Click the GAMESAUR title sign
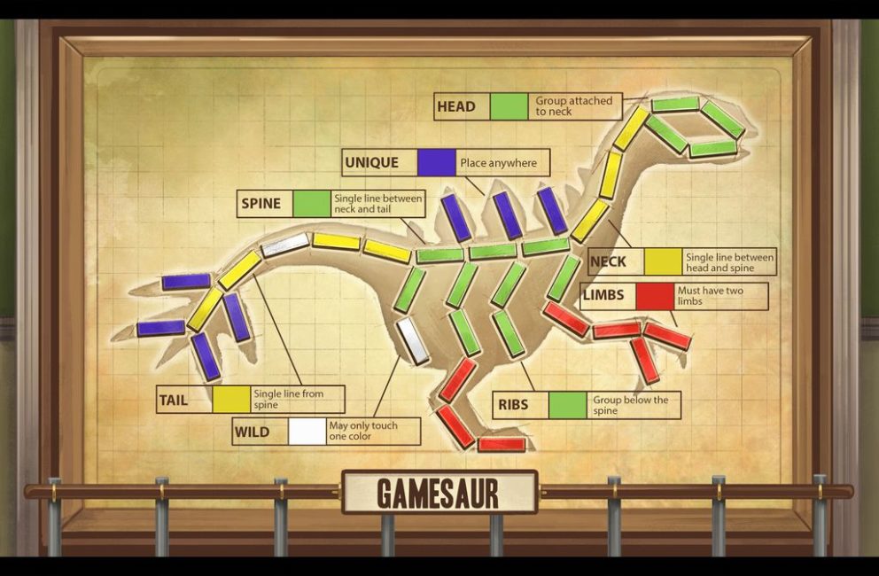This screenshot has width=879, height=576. [439, 492]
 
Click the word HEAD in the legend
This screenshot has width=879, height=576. [456, 106]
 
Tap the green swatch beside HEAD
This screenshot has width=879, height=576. [509, 106]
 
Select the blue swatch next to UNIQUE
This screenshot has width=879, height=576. [436, 162]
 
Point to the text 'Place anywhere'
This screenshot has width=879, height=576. [498, 163]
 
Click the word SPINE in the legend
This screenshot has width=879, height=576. [261, 204]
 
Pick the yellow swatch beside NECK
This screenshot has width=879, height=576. [663, 261]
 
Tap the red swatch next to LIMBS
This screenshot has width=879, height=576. [655, 295]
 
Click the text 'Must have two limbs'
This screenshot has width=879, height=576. [719, 296]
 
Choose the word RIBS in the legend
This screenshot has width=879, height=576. [513, 405]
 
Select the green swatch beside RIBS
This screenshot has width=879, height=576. [567, 405]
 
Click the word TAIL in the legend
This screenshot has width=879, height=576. [174, 400]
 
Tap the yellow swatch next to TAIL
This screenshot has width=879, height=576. [230, 400]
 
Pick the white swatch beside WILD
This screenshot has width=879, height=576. [307, 432]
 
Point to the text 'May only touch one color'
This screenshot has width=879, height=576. [362, 432]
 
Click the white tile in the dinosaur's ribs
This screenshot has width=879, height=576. [413, 341]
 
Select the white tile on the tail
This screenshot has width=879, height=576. [285, 245]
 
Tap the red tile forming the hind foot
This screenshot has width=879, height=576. [502, 444]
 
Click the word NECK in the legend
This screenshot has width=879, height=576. [608, 261]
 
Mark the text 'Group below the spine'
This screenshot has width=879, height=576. [630, 405]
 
